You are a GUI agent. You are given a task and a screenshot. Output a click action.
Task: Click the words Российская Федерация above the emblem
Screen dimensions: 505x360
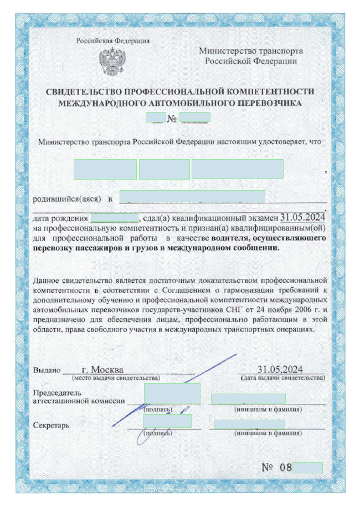tap(112, 40)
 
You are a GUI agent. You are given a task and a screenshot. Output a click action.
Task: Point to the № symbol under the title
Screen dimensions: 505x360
tap(172, 118)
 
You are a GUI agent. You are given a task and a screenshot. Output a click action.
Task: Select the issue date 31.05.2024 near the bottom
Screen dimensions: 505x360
tap(280, 369)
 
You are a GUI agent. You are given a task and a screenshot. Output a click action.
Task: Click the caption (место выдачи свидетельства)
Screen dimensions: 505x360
tap(116, 378)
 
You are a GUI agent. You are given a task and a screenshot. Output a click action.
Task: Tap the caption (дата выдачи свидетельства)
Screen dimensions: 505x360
tap(282, 378)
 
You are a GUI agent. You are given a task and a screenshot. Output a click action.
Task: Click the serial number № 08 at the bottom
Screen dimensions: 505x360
tap(277, 467)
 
